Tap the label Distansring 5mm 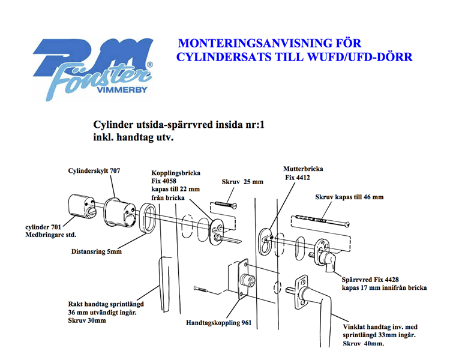click(x=97, y=252)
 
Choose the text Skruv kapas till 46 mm click(x=349, y=197)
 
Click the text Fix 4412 click(x=297, y=178)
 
